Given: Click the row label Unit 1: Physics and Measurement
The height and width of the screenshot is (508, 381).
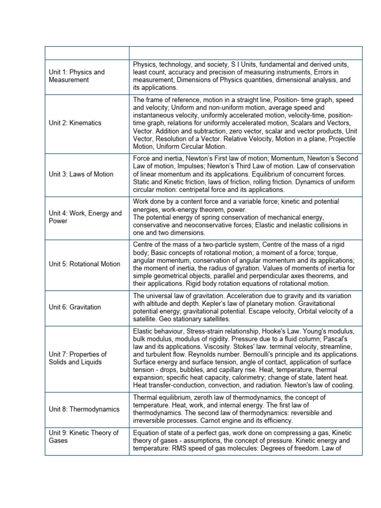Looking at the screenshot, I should pos(76,76).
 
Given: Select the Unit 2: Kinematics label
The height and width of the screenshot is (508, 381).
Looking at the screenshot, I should pos(75,123).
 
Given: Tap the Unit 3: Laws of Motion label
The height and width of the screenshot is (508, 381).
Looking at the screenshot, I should pos(81,174).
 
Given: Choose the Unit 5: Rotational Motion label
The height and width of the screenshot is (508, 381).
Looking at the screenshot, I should pos(84,264).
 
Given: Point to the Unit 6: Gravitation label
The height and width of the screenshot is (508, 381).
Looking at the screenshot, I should pos(75,307).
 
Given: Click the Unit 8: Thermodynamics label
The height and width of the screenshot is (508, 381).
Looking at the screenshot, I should pos(84,409).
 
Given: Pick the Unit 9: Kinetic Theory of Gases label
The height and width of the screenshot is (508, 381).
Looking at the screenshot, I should pos(83,437).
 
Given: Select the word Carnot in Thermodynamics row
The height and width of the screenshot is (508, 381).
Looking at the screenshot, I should pos(224,421).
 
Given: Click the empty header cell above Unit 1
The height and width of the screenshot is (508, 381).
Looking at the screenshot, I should pos(87,53).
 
